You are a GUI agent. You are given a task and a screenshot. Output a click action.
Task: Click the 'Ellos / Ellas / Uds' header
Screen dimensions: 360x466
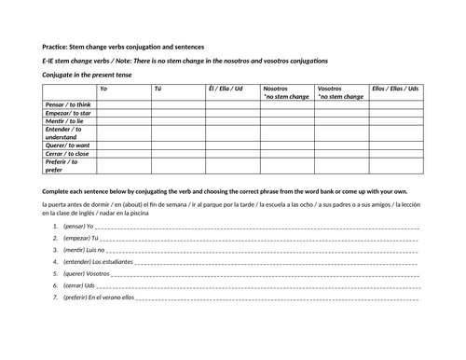(392, 89)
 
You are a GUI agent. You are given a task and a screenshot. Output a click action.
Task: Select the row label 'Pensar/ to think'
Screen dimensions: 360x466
(67, 105)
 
